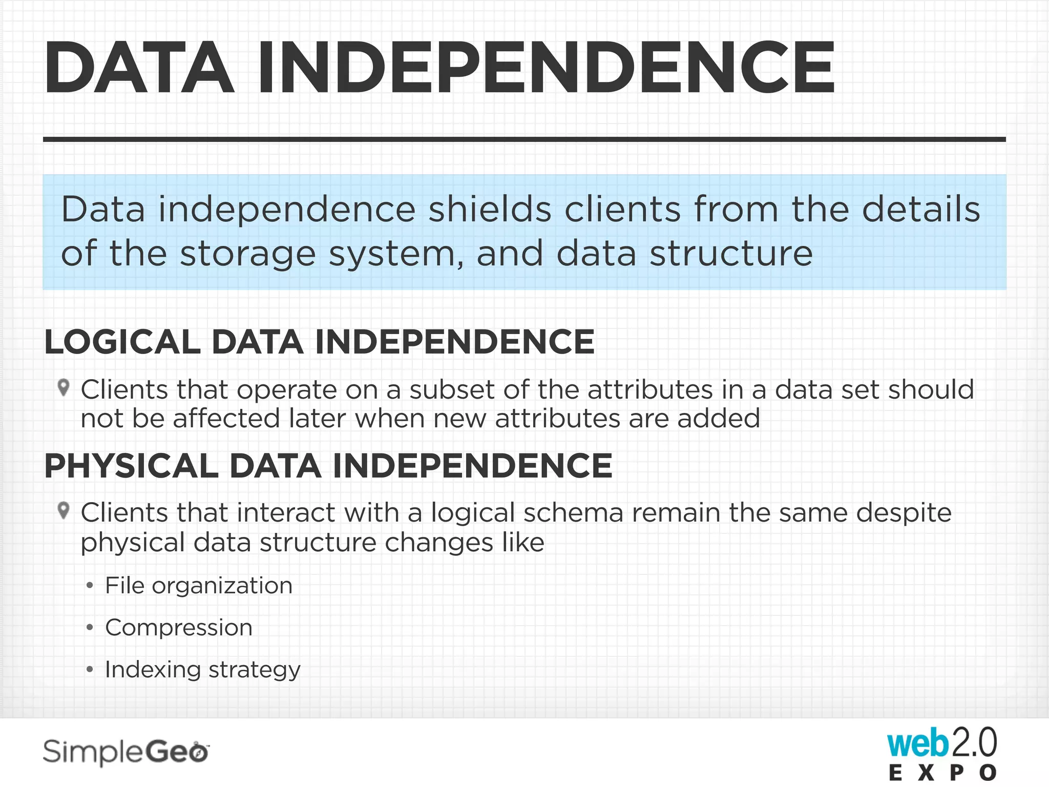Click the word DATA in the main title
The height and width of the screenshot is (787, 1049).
point(139,68)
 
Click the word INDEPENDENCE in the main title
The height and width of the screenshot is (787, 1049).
point(546,68)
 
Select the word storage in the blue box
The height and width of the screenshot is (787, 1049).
point(248,254)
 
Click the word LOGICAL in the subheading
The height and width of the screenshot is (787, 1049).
point(122,342)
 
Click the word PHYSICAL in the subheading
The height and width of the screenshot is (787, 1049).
point(131,466)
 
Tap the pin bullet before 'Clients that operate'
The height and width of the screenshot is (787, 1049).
point(64,387)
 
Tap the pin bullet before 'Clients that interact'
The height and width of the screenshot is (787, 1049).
point(64,510)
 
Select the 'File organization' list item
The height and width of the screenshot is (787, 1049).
point(199,585)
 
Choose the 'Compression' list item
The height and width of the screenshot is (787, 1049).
point(179,628)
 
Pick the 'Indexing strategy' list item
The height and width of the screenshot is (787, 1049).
point(203,670)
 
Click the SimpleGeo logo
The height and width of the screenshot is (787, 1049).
point(126,752)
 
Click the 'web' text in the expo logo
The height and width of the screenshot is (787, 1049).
point(917,743)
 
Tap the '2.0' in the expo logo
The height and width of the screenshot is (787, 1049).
point(974,742)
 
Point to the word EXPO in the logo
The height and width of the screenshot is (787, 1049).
point(942,773)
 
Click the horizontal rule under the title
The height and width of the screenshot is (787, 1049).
point(524,139)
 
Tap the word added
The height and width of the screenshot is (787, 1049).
point(719,419)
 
